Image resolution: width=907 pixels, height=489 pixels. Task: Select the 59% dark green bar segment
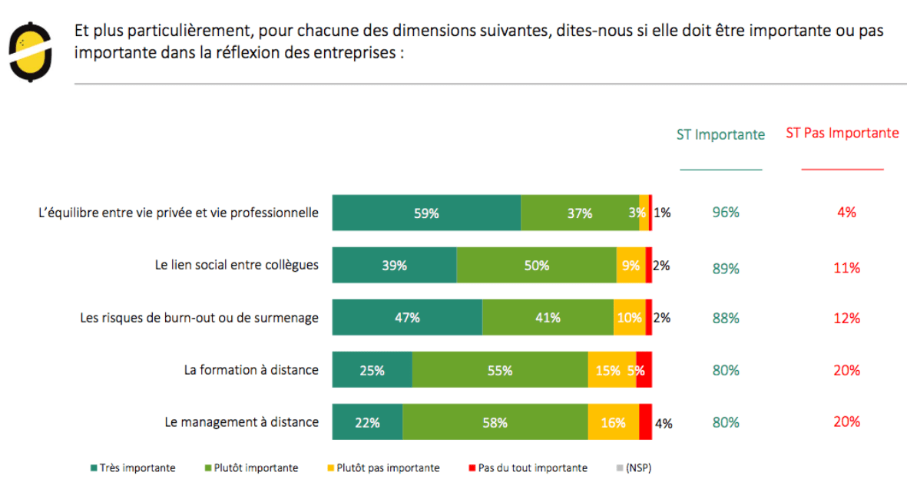[426, 213]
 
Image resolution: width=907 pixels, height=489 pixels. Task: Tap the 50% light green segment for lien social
[536, 266]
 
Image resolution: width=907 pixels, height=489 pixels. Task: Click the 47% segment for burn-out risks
[407, 318]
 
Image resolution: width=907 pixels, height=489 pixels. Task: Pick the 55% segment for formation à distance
[500, 370]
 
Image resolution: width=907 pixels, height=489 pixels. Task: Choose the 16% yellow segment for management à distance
[613, 422]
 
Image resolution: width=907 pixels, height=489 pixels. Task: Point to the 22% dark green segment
[367, 422]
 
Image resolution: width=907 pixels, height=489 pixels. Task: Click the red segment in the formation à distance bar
[644, 370]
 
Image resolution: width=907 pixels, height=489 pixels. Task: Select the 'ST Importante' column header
[720, 135]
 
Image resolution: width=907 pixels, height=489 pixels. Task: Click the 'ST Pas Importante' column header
[842, 134]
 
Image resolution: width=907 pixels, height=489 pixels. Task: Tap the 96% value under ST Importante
[726, 213]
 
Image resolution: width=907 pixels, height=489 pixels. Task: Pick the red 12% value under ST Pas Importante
[846, 319]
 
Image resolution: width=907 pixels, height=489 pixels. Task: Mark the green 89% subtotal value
[726, 269]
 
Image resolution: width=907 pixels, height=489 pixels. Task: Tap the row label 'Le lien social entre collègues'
[237, 266]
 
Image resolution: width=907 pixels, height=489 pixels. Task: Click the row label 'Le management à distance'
[241, 421]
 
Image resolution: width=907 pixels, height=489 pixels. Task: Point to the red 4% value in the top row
[846, 213]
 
